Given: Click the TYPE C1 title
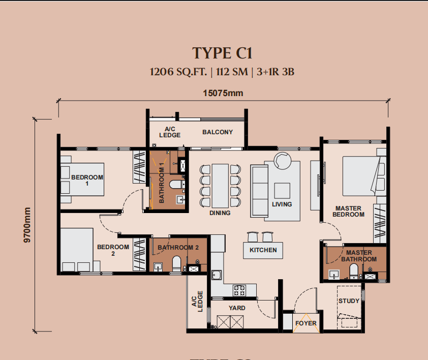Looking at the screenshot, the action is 222,53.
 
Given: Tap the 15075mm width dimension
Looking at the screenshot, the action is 223,93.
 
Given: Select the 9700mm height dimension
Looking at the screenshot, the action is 27,225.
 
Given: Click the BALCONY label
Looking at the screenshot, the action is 218,132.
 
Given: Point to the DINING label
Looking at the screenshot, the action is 220,213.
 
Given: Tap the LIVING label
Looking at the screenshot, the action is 282,204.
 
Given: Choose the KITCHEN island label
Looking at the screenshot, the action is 263,250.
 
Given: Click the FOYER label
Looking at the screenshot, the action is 306,323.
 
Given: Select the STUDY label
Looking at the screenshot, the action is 349,301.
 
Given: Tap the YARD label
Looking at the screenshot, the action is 237,308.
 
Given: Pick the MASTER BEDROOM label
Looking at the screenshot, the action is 349,212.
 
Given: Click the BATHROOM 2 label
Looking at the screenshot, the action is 178,248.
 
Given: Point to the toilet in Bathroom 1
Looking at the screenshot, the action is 175,185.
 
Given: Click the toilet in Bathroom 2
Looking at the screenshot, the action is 176,263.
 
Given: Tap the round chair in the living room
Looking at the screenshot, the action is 283,160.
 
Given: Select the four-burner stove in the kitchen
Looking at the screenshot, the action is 239,290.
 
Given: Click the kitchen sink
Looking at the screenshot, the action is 217,275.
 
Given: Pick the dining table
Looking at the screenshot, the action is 220,186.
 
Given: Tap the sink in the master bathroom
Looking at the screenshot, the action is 334,274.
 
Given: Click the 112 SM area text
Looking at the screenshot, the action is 232,72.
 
